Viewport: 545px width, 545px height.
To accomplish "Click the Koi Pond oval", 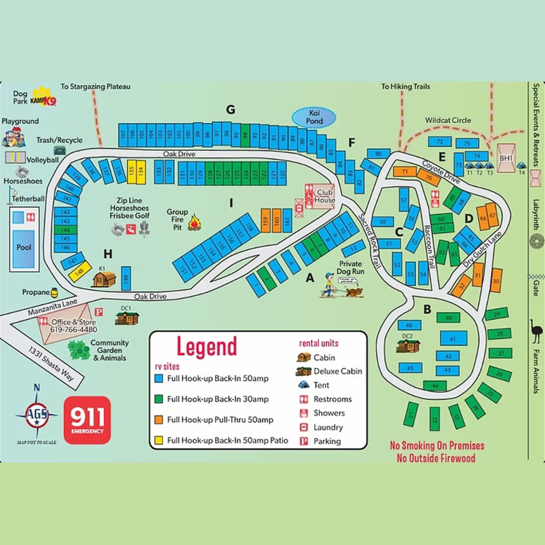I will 314,117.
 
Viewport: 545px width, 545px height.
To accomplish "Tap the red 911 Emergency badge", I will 87,420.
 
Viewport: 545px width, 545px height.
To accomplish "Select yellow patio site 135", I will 131,172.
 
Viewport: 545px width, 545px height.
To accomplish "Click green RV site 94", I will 245,136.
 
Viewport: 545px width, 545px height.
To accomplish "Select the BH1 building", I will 506,158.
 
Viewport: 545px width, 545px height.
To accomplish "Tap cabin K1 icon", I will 104,279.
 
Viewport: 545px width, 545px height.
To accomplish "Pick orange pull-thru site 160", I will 276,221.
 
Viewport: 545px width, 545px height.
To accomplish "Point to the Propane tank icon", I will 54,293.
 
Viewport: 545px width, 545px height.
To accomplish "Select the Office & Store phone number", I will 74,329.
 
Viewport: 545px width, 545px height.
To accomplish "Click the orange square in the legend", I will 159,420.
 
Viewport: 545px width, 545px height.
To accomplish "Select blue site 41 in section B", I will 453,338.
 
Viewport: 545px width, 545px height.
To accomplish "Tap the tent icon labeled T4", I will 521,166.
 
